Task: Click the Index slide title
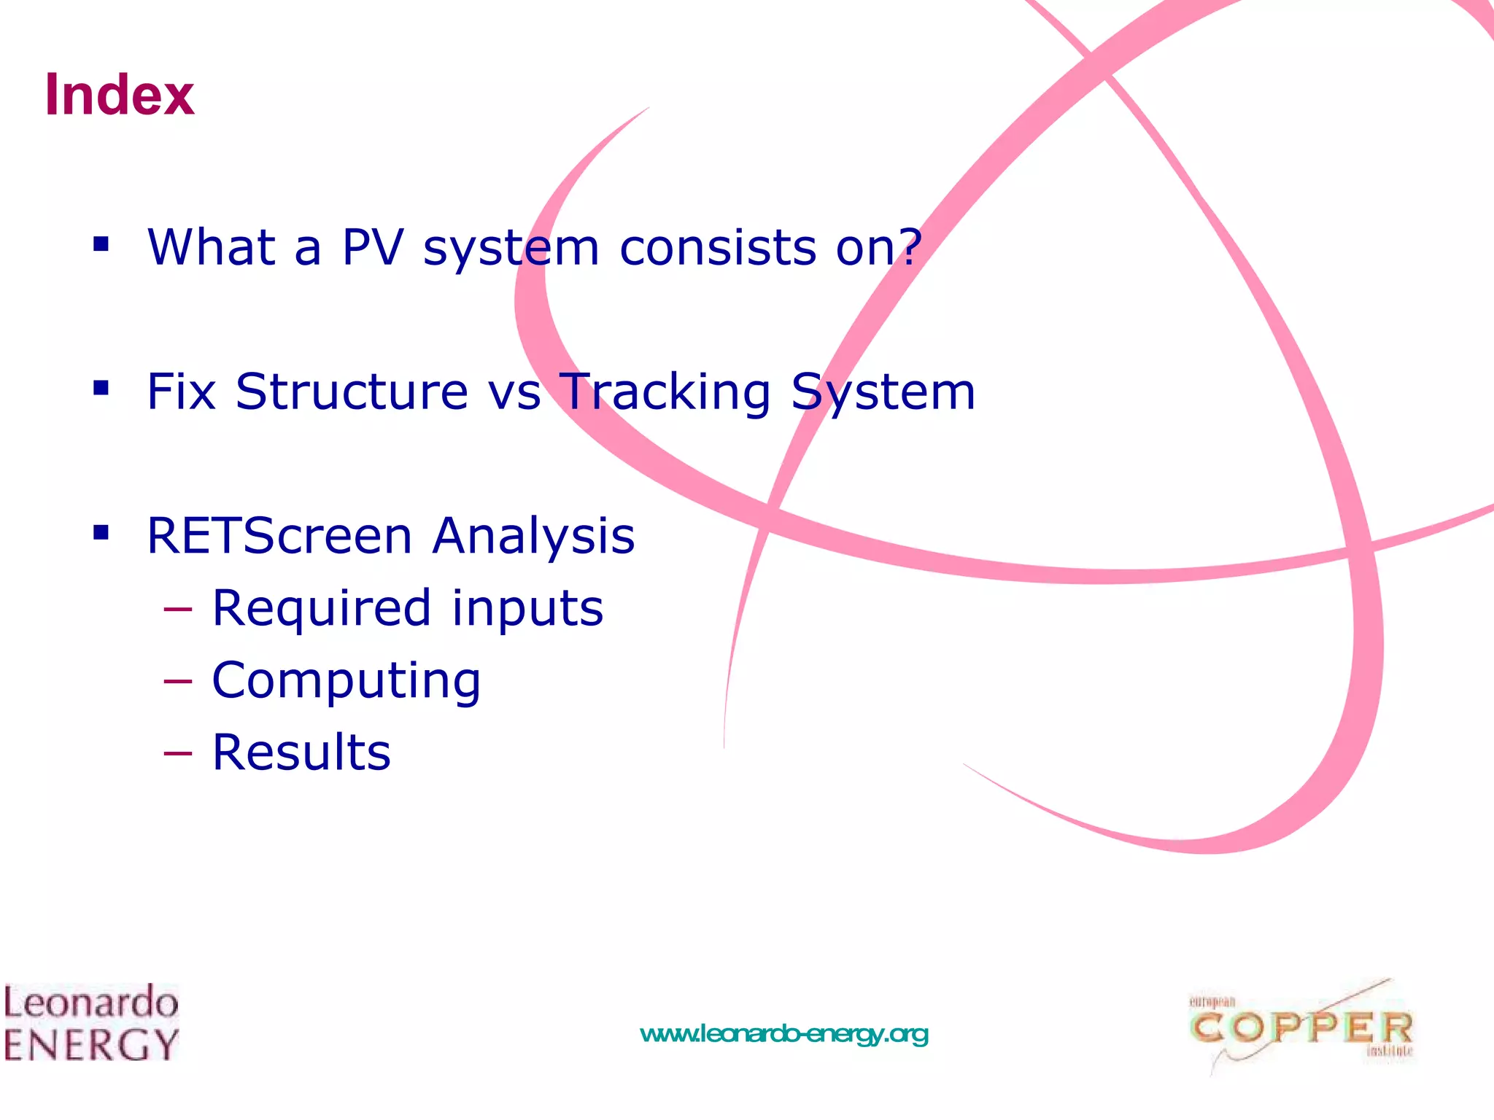pyautogui.click(x=120, y=95)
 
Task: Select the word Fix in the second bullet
pyautogui.click(x=181, y=392)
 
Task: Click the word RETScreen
pyautogui.click(x=280, y=536)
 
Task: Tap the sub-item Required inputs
pyautogui.click(x=407, y=608)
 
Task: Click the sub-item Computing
pyautogui.click(x=346, y=681)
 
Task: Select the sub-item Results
pyautogui.click(x=301, y=752)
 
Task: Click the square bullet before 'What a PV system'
pyautogui.click(x=101, y=244)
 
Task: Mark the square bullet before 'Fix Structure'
pyautogui.click(x=101, y=387)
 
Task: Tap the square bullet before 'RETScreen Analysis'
pyautogui.click(x=101, y=532)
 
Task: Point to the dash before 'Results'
pyautogui.click(x=178, y=753)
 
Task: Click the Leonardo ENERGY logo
pyautogui.click(x=90, y=1022)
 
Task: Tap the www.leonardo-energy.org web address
pyautogui.click(x=783, y=1034)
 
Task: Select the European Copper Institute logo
pyautogui.click(x=1301, y=1027)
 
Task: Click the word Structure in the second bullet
pyautogui.click(x=352, y=392)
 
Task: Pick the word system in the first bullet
pyautogui.click(x=511, y=247)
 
